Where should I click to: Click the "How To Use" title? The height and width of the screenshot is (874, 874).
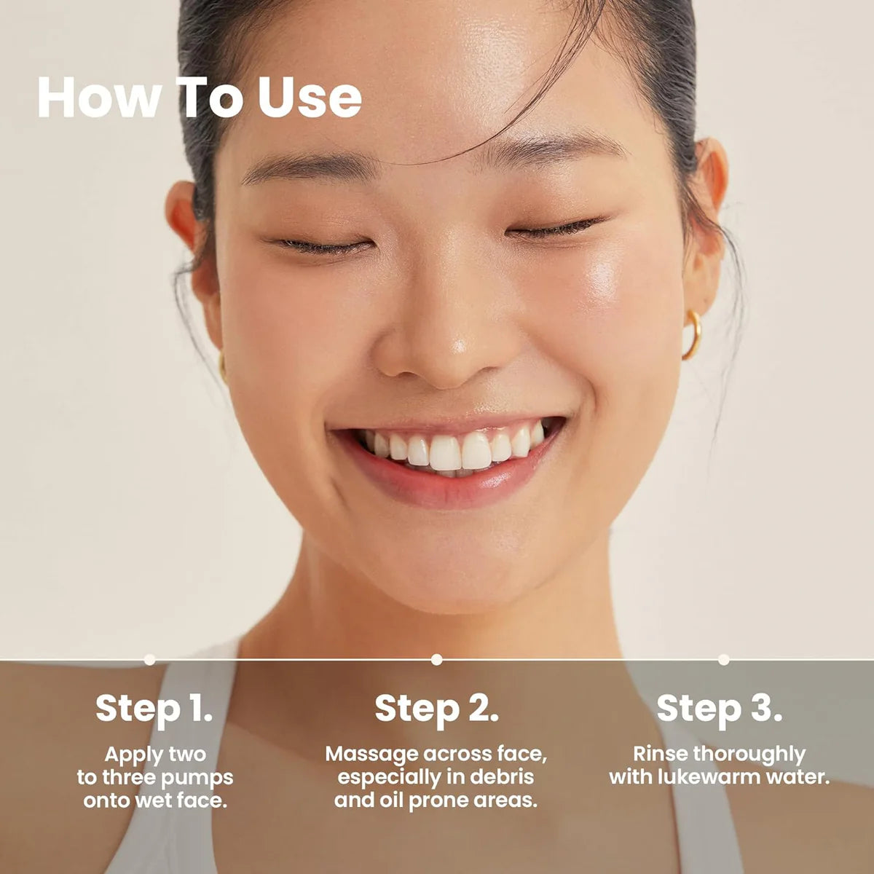pyautogui.click(x=199, y=98)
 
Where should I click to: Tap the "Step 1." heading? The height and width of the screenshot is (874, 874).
pyautogui.click(x=154, y=708)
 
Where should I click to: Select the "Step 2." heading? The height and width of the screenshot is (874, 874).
pyautogui.click(x=436, y=708)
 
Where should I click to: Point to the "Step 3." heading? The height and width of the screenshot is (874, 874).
pyautogui.click(x=719, y=708)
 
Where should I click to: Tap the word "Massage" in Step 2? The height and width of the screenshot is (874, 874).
pyautogui.click(x=371, y=754)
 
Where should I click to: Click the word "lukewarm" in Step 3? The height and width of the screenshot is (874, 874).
pyautogui.click(x=701, y=777)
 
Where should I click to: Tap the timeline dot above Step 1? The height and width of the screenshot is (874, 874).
pyautogui.click(x=149, y=659)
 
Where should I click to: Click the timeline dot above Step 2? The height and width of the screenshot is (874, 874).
pyautogui.click(x=436, y=659)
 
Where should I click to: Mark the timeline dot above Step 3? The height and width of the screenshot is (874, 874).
pyautogui.click(x=723, y=659)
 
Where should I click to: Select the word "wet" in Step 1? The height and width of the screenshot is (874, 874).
pyautogui.click(x=154, y=801)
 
